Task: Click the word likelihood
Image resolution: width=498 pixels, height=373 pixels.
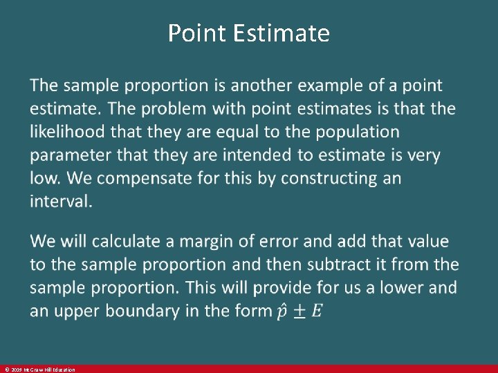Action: point(66,131)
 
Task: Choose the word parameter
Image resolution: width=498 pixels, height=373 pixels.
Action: point(70,155)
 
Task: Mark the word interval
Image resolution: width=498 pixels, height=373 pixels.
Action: point(61,201)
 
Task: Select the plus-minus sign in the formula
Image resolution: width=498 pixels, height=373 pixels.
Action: point(299,311)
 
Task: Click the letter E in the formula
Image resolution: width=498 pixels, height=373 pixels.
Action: point(316,311)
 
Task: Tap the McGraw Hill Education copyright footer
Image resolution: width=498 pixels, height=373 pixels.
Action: point(39,370)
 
